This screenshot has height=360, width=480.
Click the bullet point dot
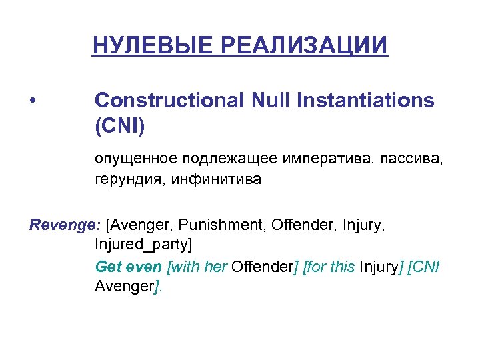click(x=33, y=101)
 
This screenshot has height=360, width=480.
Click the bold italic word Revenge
click(x=64, y=225)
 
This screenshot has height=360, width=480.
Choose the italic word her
click(x=214, y=267)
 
